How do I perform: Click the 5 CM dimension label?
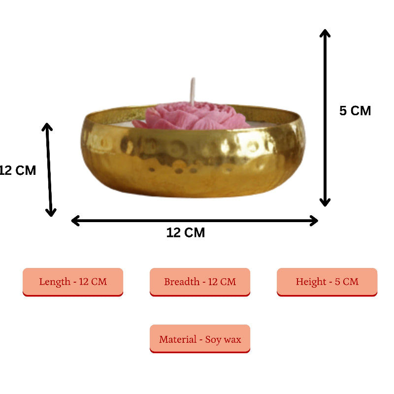click(x=355, y=111)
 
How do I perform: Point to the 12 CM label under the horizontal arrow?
click(x=186, y=232)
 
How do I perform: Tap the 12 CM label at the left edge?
click(x=18, y=171)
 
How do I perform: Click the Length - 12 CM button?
click(x=73, y=282)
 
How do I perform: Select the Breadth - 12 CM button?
click(x=200, y=282)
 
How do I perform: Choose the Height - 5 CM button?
click(x=327, y=282)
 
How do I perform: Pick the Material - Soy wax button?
click(x=200, y=339)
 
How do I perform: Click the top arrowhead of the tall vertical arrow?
click(x=325, y=33)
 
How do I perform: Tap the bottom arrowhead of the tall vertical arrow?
click(x=325, y=202)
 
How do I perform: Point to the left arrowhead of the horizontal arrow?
click(x=76, y=221)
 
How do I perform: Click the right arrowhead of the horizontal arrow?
click(x=313, y=221)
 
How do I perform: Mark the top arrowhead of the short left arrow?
click(x=47, y=127)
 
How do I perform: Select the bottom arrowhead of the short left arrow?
click(x=51, y=212)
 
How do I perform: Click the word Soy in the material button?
click(x=213, y=339)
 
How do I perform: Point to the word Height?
click(x=311, y=282)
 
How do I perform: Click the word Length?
click(x=55, y=282)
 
